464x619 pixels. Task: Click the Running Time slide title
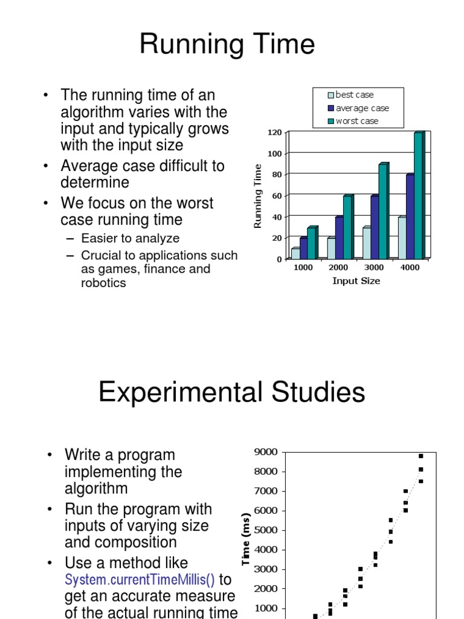(x=227, y=45)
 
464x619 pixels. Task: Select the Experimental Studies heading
(x=231, y=393)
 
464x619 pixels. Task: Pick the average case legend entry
(x=358, y=108)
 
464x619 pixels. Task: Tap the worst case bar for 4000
(x=418, y=195)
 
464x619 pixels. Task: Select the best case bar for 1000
(x=295, y=253)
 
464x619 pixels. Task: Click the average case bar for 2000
(x=339, y=237)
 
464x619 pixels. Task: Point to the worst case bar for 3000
(x=382, y=210)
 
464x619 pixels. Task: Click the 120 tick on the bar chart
(x=275, y=132)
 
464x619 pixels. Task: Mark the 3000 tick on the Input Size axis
(x=374, y=268)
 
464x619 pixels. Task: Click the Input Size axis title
(x=356, y=281)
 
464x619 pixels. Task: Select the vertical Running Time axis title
(x=258, y=196)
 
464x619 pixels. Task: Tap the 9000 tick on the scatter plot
(x=266, y=452)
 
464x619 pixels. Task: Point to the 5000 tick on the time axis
(x=266, y=530)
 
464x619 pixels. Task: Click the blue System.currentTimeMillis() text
(x=140, y=580)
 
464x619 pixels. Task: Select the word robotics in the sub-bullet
(x=103, y=282)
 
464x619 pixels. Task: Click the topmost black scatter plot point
(x=421, y=456)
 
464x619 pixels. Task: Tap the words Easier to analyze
(x=130, y=238)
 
